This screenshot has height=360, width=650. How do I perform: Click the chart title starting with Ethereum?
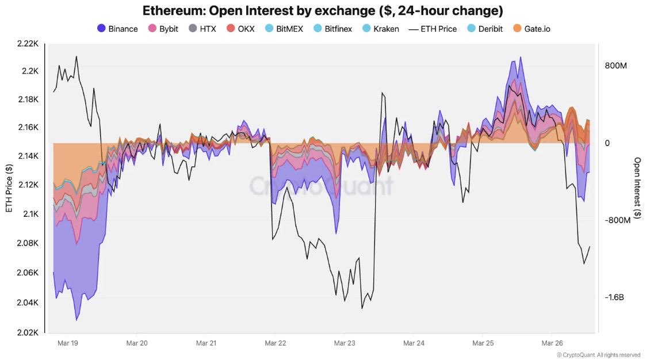pos(323,10)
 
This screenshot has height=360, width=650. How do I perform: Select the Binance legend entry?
pos(117,28)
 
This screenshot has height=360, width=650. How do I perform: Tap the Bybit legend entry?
pos(163,28)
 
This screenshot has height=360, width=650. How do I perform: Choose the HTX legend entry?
pos(202,28)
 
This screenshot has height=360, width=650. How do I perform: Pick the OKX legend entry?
pos(240,28)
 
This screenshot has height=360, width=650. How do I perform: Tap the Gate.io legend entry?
pos(532,28)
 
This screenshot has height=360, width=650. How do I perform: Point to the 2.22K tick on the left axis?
pos(28,43)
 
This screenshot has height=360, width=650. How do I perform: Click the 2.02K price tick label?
pos(28,332)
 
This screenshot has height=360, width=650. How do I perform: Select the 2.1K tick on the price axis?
pos(30,214)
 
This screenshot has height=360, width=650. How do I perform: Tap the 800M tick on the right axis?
pos(615,66)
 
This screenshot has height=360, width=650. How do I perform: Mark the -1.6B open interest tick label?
pos(614,297)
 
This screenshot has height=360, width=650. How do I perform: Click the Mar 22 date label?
pos(275,343)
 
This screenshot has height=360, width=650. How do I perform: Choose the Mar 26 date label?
pos(552,343)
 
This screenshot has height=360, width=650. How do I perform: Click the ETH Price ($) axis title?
pos(9,187)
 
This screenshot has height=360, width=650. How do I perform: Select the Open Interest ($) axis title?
pos(637,187)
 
